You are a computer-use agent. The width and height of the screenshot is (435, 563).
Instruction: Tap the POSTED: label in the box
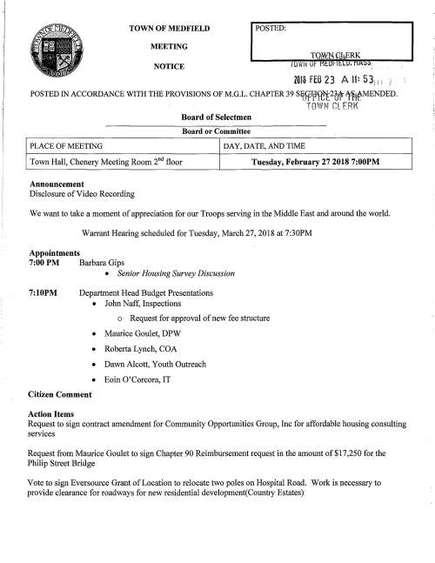[x=272, y=28]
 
